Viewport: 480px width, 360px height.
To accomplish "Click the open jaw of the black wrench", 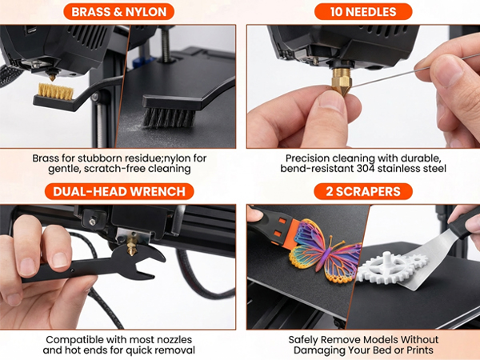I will (x=149, y=256).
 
